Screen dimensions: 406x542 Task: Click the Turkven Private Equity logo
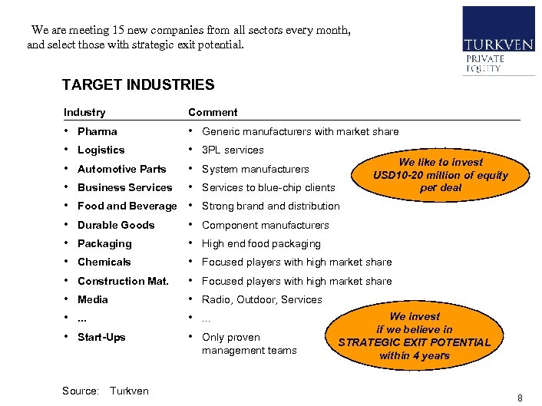pos(498,41)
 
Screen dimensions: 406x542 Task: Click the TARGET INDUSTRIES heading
pos(138,85)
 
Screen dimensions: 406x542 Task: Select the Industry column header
pos(84,112)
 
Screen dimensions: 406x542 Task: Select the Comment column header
pos(213,112)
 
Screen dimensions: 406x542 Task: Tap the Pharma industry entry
pos(97,131)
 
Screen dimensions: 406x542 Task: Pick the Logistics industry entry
pos(101,150)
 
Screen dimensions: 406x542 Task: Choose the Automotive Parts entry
pos(121,169)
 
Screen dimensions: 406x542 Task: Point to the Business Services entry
pos(124,187)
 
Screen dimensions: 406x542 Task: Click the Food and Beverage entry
pos(127,206)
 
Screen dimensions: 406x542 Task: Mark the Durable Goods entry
pos(116,225)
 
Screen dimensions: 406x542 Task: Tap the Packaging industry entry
pos(104,243)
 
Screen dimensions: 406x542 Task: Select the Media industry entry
pos(93,299)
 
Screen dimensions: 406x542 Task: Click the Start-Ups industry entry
pos(101,337)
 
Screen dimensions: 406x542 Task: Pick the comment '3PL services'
pos(233,150)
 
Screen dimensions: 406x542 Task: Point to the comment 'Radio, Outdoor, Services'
pos(262,299)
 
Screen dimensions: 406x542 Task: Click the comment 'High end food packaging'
pos(261,243)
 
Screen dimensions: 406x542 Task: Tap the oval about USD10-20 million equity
pos(441,175)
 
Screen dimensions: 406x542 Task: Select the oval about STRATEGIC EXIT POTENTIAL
pos(415,336)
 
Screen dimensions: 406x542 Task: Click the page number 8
pos(520,398)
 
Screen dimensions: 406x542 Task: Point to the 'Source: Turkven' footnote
pos(105,391)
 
